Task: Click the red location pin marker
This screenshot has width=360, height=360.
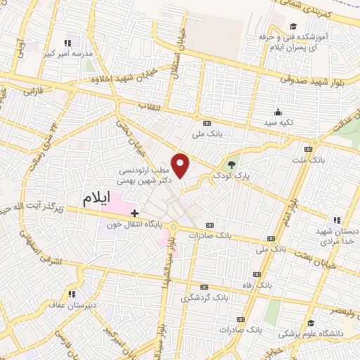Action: point(181,165)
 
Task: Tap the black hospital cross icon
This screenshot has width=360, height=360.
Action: point(134,212)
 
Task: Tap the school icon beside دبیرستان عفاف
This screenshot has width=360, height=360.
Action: point(70,293)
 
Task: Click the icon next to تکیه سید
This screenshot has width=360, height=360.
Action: point(278,112)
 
